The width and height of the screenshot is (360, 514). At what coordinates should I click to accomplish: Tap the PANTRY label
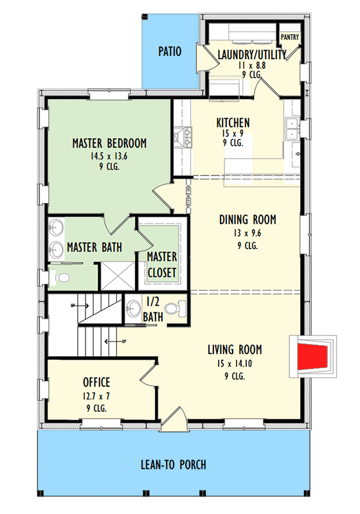[x=289, y=37]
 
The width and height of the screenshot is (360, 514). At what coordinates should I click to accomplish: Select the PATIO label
[x=170, y=51]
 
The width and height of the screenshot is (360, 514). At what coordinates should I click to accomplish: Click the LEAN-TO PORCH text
[x=173, y=465]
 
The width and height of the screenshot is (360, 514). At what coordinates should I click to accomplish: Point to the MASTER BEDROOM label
[x=109, y=143]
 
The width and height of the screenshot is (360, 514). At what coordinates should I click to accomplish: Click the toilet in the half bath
[x=180, y=308]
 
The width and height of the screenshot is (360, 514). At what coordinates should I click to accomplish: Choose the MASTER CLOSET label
[x=161, y=265]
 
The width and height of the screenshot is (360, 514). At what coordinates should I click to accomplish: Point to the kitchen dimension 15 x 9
[x=233, y=134]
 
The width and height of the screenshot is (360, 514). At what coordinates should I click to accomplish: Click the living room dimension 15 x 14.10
[x=234, y=363]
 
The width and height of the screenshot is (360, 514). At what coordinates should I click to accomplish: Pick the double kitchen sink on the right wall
[x=291, y=130]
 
